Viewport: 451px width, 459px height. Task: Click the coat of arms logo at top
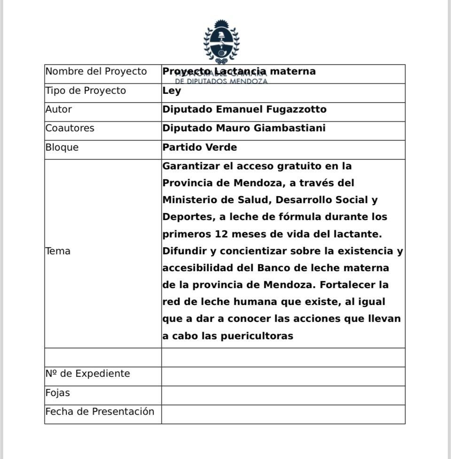221,41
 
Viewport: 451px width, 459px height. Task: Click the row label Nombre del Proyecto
96,71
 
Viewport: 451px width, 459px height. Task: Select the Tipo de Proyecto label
86,91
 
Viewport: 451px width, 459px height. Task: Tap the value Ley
171,91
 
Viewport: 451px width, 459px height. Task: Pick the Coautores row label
70,128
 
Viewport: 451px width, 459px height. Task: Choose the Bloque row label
62,147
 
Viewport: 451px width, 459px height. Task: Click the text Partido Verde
200,147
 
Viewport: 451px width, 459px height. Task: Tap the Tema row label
58,251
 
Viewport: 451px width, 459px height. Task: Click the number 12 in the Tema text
221,234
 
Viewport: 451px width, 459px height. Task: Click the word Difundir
184,251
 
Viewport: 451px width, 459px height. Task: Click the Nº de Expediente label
87,374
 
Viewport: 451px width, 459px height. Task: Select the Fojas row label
58,393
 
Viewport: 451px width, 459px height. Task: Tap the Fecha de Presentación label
100,412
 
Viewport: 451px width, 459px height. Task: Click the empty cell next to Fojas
283,395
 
